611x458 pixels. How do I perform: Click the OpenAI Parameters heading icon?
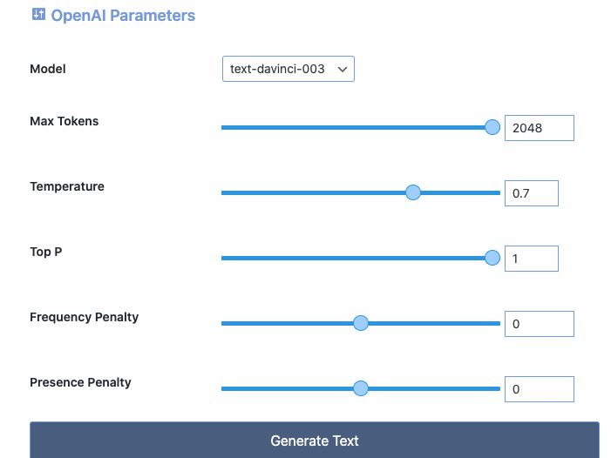(38, 14)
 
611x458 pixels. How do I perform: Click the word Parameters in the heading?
(153, 16)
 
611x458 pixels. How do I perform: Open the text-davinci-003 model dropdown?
(289, 69)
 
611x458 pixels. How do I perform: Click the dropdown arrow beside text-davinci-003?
(343, 70)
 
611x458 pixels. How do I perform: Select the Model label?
(48, 69)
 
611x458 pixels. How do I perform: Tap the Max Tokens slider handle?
(492, 127)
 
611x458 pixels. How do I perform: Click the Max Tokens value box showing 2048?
(540, 128)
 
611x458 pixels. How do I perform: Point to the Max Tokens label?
(64, 121)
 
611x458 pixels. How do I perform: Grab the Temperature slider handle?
(413, 192)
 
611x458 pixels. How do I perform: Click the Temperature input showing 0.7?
(532, 193)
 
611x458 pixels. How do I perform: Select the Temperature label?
(67, 186)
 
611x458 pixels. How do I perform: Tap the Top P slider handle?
(492, 258)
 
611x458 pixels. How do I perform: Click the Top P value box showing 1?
(532, 259)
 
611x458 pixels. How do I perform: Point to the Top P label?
(46, 252)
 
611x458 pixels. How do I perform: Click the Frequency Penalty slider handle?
(361, 323)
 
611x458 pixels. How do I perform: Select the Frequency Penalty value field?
(540, 324)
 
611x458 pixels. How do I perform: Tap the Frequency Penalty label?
(85, 317)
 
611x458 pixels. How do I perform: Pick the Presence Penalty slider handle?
(361, 388)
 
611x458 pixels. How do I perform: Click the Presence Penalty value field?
(540, 389)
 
